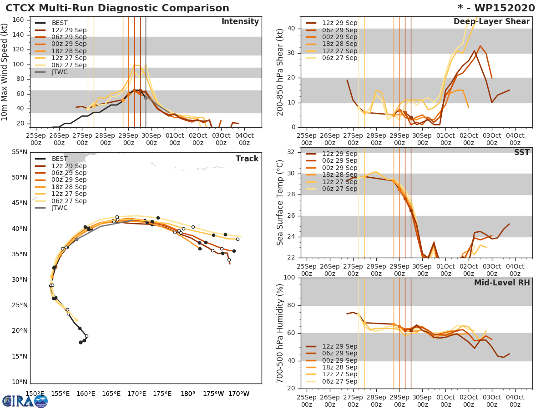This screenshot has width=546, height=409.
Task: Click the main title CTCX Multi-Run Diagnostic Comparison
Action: [117, 8]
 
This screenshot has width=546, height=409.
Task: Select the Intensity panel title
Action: [240, 22]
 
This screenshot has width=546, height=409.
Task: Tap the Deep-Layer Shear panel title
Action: [491, 22]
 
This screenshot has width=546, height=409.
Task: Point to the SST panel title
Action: [522, 153]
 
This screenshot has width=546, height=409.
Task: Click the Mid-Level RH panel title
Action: [502, 283]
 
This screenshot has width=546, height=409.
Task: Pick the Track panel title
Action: [247, 159]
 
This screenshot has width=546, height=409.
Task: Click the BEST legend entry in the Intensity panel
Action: [60, 23]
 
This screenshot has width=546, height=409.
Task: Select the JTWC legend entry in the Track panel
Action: [60, 208]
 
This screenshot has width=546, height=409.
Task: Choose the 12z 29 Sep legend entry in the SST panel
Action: [339, 154]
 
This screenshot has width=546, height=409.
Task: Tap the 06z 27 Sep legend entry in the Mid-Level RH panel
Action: [339, 381]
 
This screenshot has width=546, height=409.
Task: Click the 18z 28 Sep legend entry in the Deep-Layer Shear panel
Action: [339, 44]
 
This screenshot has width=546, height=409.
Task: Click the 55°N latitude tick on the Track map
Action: [19, 152]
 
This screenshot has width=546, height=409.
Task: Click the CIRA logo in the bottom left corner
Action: [25, 401]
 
